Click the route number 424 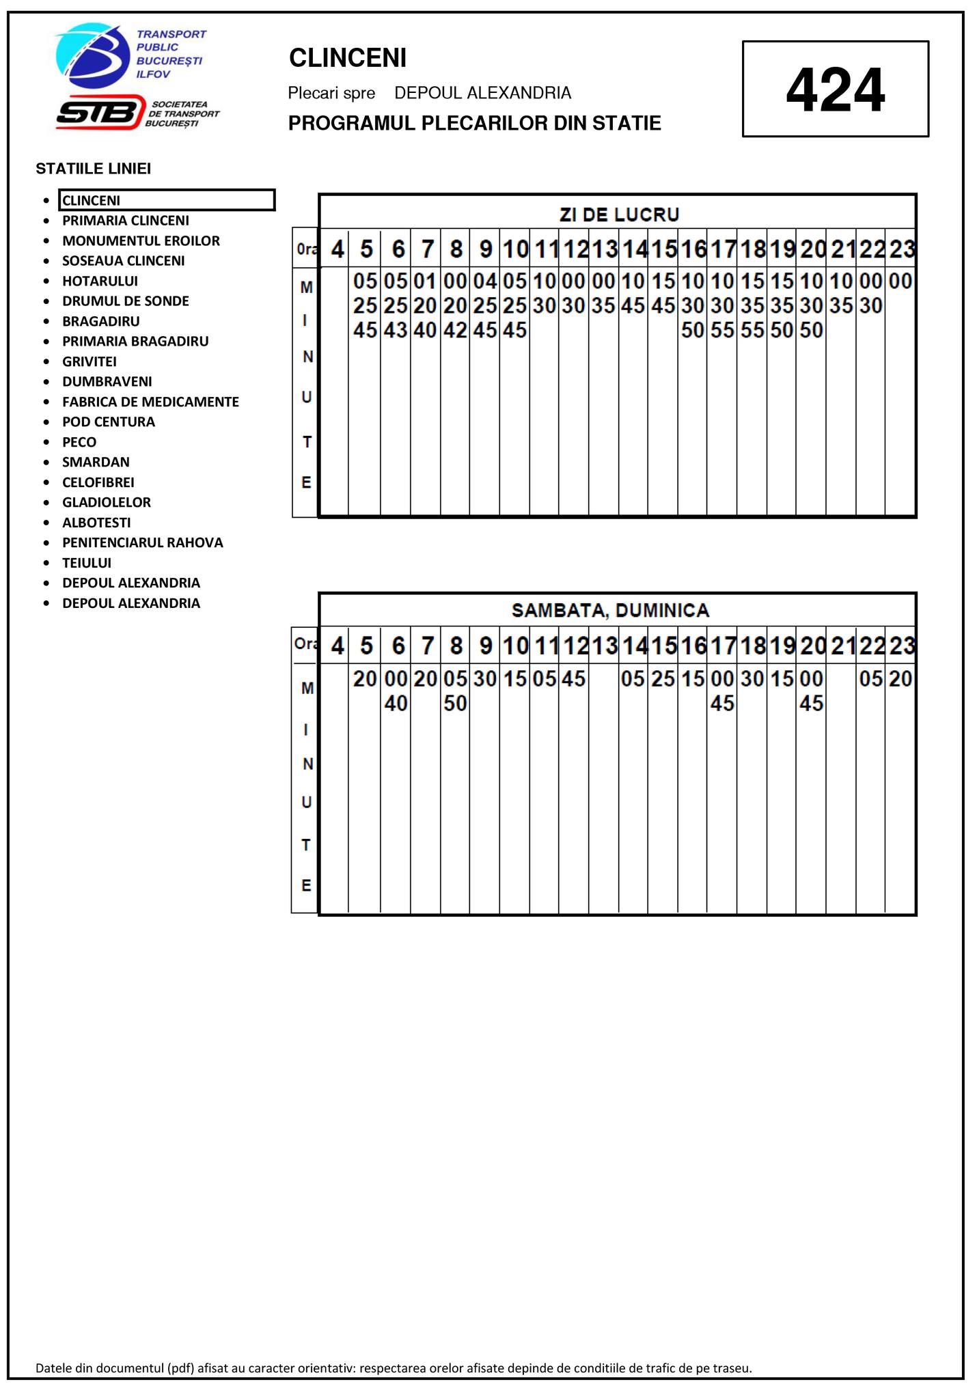tap(835, 89)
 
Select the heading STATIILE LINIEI tap(93, 169)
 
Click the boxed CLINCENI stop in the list tap(166, 200)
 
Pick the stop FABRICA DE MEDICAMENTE tap(150, 402)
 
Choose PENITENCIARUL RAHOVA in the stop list tap(142, 542)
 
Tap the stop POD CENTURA tap(108, 421)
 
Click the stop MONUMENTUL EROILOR tap(141, 240)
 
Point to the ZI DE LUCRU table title tap(618, 214)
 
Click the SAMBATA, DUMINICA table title tap(610, 610)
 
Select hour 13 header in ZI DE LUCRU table tap(604, 249)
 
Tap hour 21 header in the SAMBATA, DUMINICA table tap(841, 645)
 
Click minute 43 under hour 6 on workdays tap(396, 331)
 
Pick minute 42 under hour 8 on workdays tap(455, 331)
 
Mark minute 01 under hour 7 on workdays tap(425, 281)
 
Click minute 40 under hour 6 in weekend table tap(396, 704)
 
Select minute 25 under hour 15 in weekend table tap(663, 679)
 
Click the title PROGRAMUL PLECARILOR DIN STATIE tap(474, 124)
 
